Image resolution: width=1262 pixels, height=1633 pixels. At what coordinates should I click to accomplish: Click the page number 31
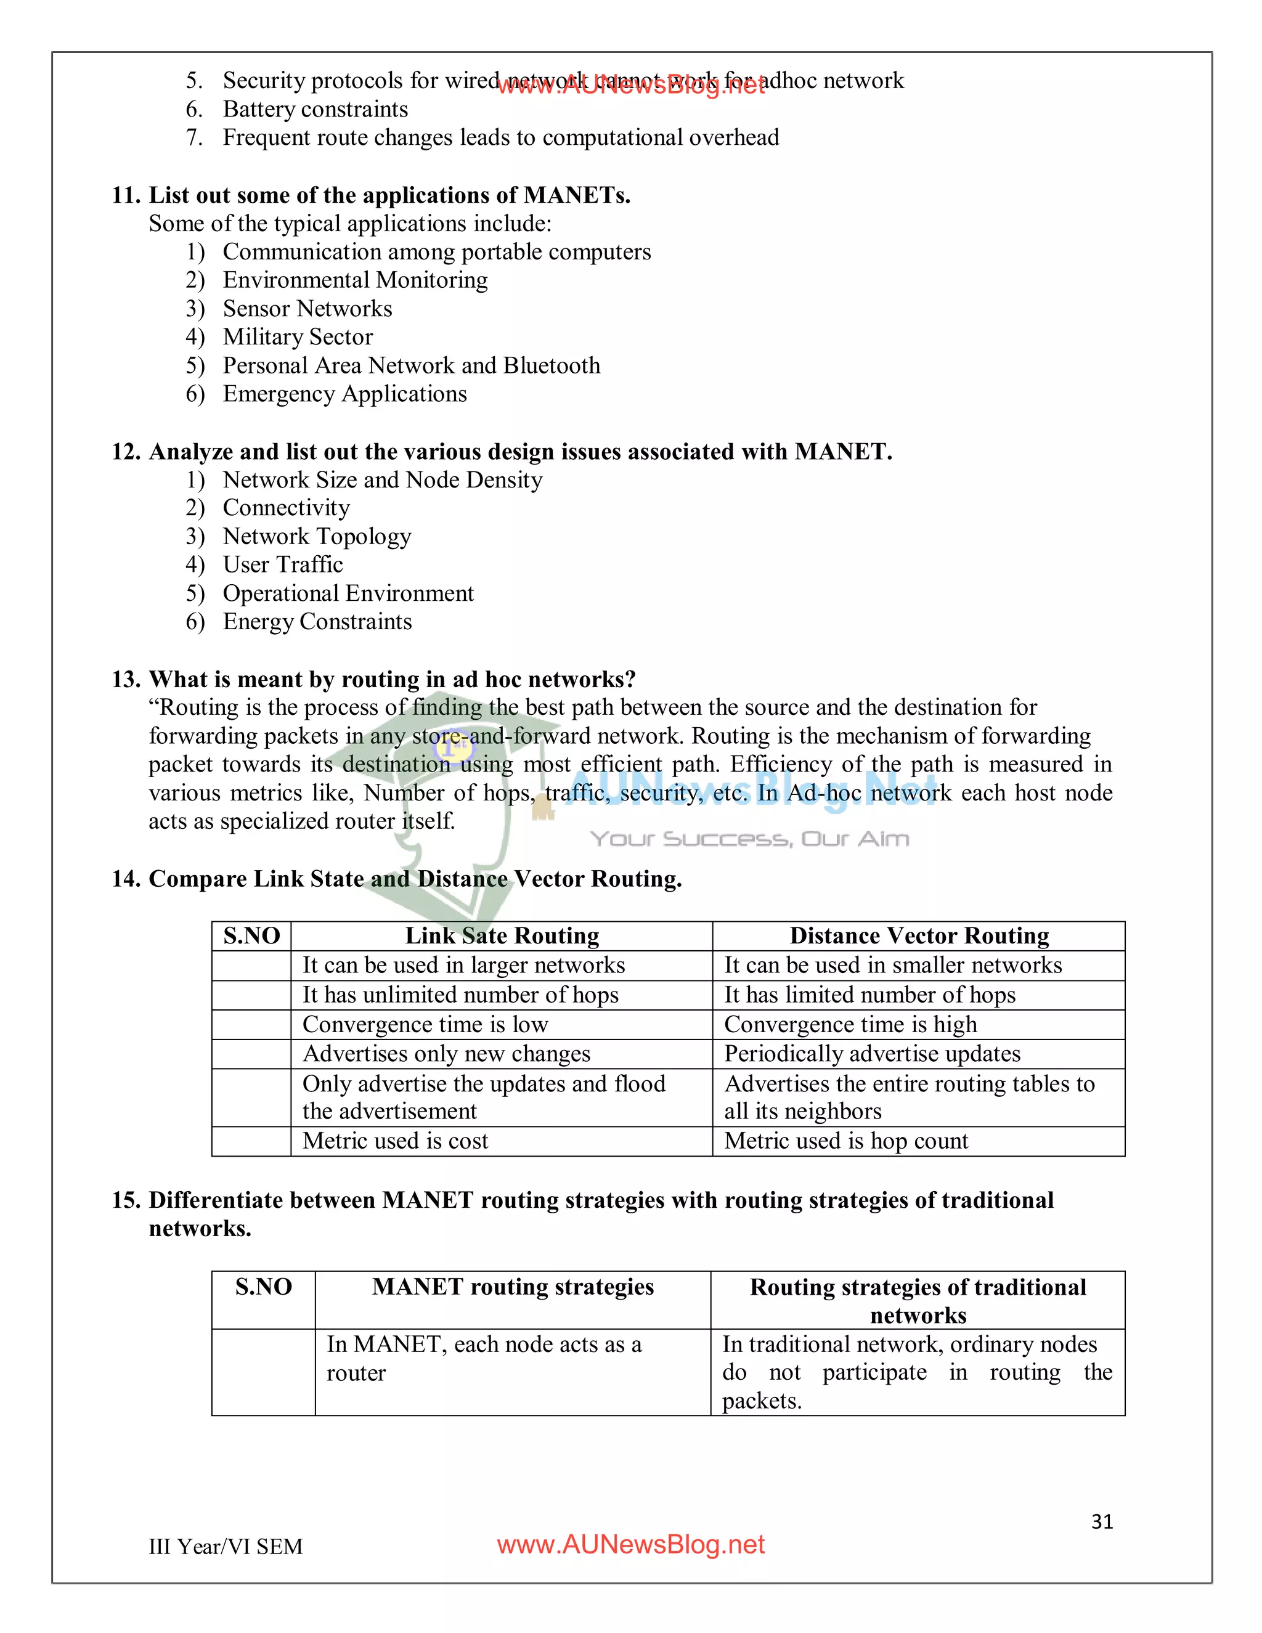(1101, 1521)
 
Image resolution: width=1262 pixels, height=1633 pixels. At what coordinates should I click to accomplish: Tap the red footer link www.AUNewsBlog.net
(630, 1545)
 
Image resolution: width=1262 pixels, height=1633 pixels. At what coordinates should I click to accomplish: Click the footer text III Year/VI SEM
(225, 1546)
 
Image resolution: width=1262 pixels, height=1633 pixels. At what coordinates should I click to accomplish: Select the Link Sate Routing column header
(502, 936)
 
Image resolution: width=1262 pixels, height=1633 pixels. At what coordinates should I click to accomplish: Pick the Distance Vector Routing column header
(919, 936)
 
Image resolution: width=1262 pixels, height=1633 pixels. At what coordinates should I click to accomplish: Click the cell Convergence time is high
(850, 1024)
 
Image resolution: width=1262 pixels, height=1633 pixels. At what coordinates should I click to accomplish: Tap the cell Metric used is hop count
(845, 1141)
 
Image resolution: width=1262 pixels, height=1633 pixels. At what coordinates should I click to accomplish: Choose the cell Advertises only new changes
(446, 1054)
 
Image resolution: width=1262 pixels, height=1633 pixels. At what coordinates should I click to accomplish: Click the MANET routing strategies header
(513, 1287)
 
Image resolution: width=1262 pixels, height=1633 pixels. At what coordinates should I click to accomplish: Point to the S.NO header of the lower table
(263, 1287)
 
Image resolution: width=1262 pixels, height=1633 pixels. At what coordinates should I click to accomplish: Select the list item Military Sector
(298, 337)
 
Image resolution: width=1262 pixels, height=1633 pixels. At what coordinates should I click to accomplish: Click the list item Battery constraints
(315, 109)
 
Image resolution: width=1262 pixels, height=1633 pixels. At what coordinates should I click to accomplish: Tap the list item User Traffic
(283, 564)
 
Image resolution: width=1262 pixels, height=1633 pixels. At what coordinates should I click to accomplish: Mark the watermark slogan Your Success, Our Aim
(749, 839)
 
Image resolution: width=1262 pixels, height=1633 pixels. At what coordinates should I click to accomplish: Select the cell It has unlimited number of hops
(460, 995)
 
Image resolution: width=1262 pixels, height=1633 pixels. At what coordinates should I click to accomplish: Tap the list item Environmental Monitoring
(355, 280)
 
